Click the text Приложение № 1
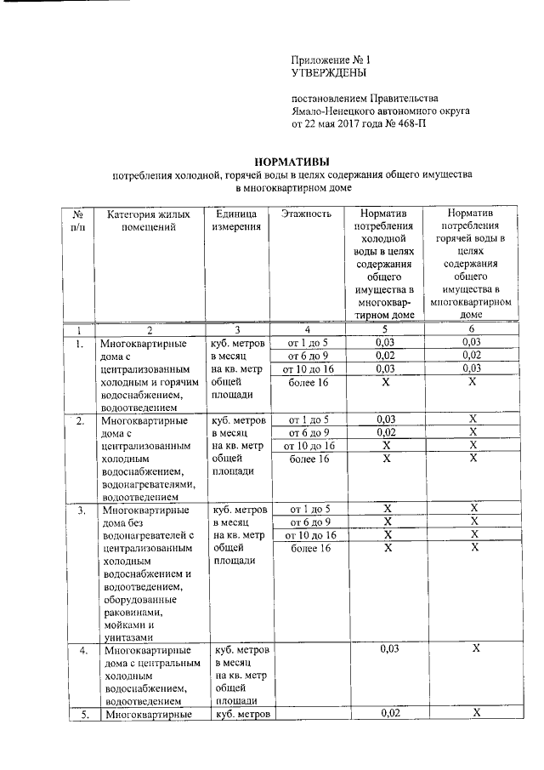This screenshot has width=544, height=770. pyautogui.click(x=331, y=61)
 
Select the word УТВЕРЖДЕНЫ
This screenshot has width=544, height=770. pyautogui.click(x=327, y=74)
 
